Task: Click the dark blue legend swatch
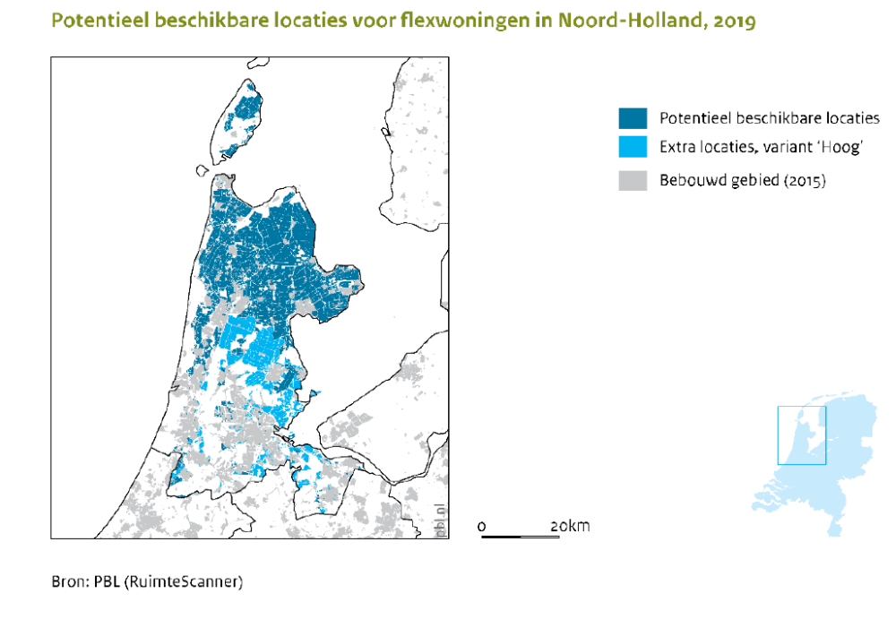tap(632, 118)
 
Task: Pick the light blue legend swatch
tap(632, 148)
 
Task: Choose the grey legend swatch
tap(632, 180)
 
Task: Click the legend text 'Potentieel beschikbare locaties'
tap(769, 118)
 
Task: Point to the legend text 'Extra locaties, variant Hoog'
tap(760, 148)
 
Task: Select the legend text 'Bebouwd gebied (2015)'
tap(742, 180)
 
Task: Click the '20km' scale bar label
tap(570, 526)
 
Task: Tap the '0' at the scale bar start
tap(482, 526)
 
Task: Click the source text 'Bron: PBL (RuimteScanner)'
tap(146, 581)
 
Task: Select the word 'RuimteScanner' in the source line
tap(192, 581)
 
